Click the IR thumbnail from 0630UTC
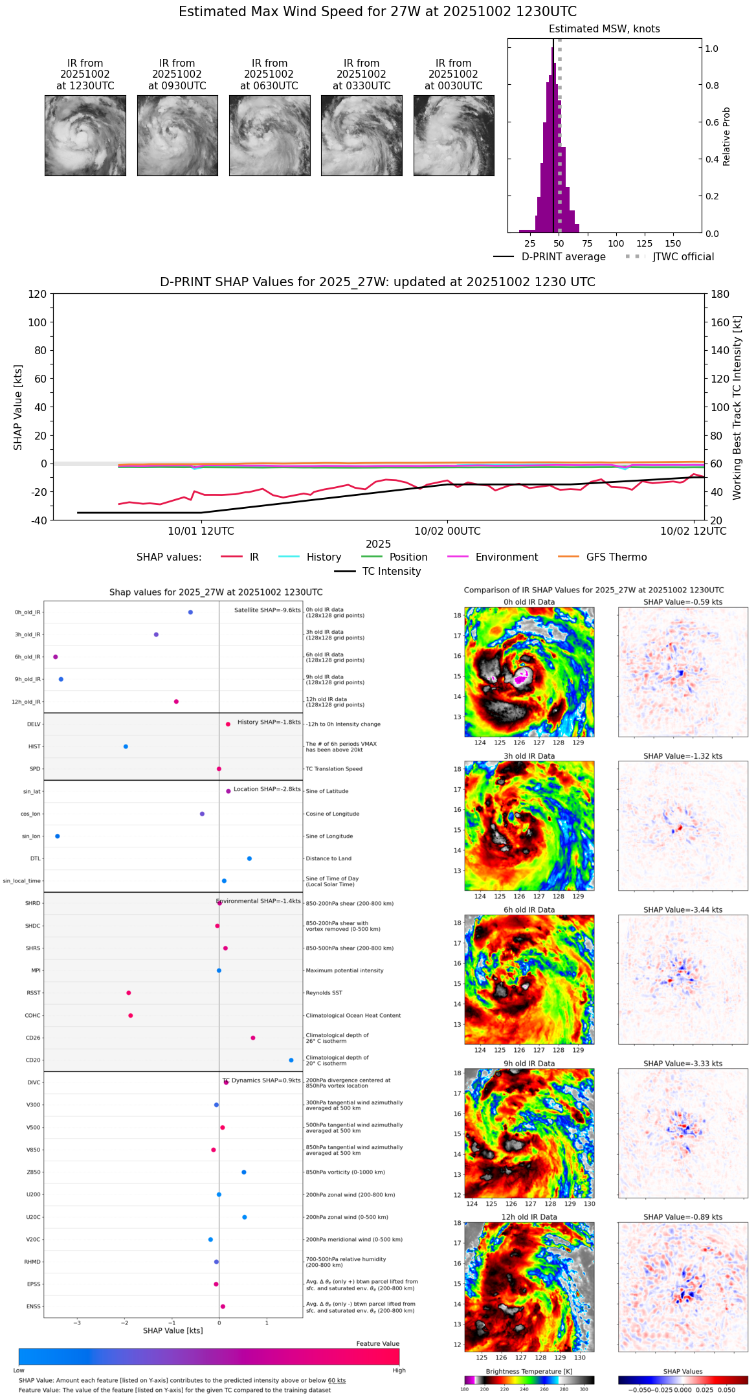269,135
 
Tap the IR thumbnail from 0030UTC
454,135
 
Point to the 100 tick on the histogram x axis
616,243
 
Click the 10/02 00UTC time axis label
447,531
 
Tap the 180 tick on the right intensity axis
720,295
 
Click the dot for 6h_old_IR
56,657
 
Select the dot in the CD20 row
291,1060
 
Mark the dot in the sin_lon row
58,836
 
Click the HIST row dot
126,747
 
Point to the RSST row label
33,993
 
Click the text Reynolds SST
324,993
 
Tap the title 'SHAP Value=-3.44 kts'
683,910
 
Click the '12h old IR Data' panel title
529,1217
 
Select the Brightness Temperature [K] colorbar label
529,1372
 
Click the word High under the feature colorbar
399,1370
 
